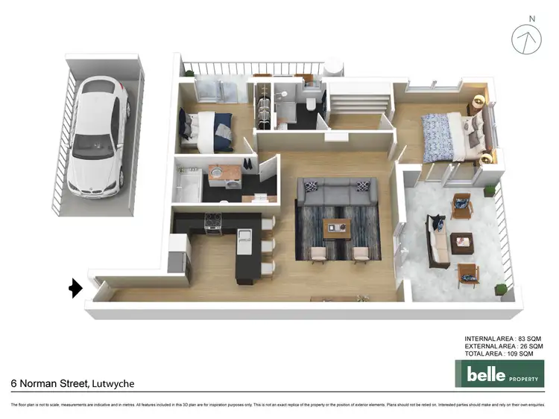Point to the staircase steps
tap(359, 100)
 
